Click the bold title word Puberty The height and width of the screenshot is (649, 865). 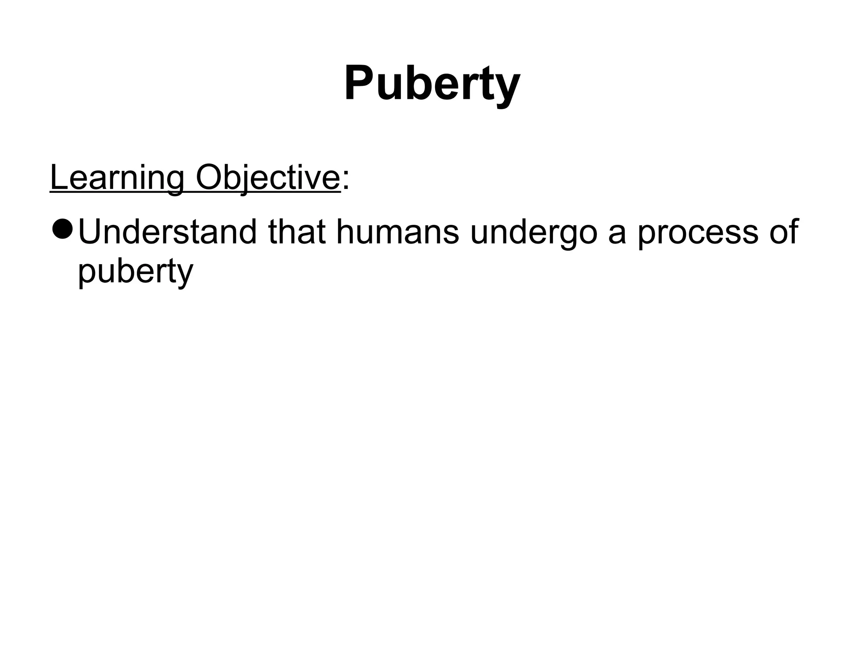432,84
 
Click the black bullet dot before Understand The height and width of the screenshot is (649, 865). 63,229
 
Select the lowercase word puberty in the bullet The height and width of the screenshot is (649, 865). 136,273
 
